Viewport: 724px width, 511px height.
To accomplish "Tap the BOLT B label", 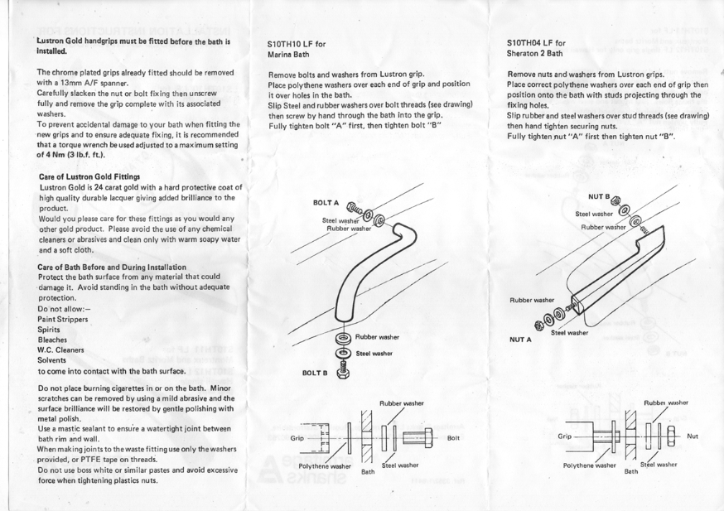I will [316, 374].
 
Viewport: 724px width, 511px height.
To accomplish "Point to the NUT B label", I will [599, 197].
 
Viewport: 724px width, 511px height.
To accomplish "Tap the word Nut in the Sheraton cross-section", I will [693, 435].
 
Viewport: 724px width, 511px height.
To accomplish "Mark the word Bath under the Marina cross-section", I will [368, 474].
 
